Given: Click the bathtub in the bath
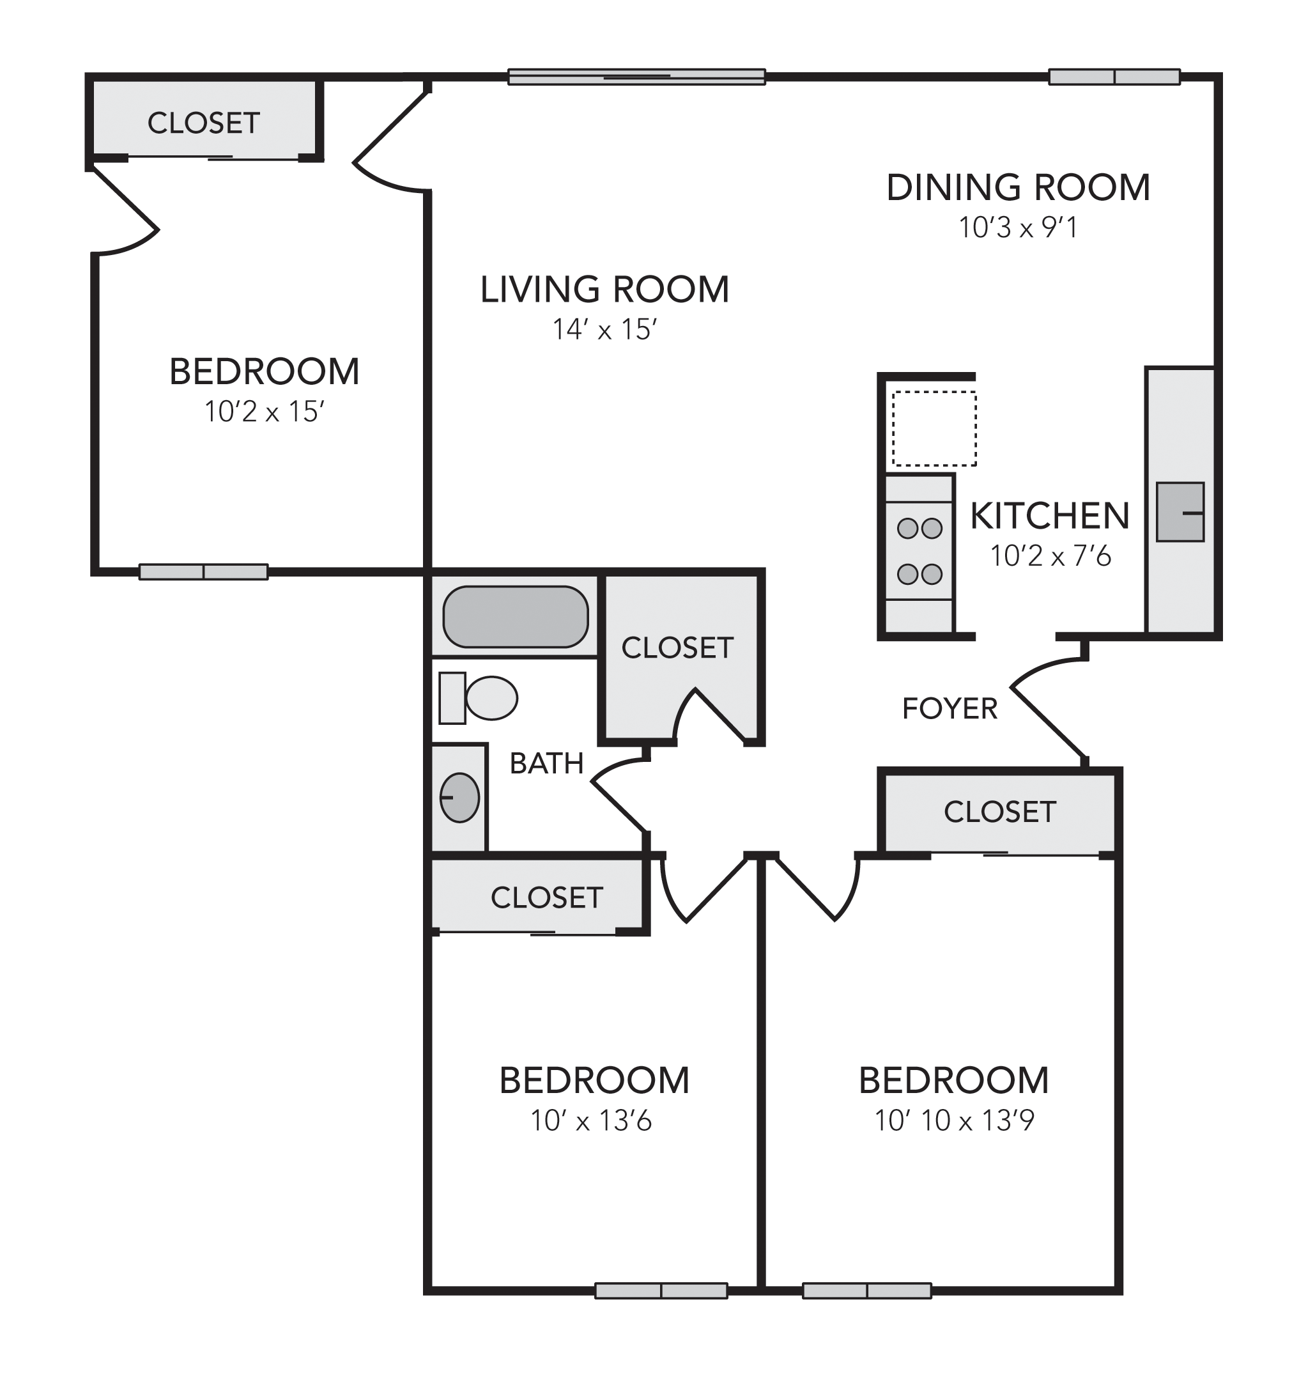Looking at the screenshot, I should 515,617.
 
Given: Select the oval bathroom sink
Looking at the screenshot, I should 459,798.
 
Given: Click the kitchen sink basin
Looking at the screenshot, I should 1180,512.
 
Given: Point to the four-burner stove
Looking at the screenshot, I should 919,550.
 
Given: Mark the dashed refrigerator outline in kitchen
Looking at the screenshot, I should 934,428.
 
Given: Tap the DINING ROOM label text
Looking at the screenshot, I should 1018,188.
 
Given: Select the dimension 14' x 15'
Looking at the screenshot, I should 604,330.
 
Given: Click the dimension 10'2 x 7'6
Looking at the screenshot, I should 1050,556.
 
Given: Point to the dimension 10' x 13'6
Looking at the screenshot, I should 591,1121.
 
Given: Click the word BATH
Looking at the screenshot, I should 546,763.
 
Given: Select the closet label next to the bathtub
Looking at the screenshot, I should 677,648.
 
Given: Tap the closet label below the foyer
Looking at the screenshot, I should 999,812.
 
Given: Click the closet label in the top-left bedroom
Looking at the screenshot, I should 203,123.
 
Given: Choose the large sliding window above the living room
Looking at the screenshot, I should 636,77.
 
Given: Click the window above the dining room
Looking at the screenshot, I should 1114,77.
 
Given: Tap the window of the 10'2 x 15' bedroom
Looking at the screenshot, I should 203,572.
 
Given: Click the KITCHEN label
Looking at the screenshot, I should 1050,516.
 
